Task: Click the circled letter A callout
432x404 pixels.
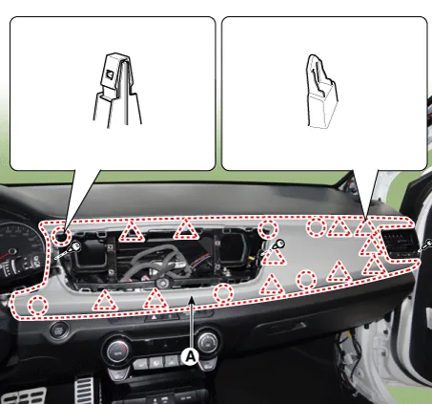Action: coord(190,357)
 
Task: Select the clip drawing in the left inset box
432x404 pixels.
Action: coord(116,91)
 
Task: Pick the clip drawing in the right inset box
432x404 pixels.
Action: coord(321,92)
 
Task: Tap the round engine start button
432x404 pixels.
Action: coord(59,330)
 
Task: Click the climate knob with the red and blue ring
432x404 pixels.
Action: coord(117,351)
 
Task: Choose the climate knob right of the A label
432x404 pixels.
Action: coord(208,343)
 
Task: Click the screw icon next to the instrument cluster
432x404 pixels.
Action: coord(68,250)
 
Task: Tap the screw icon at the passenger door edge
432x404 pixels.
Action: coord(426,245)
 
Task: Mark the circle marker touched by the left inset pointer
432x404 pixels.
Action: coord(61,236)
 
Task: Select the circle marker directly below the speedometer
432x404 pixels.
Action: coord(38,306)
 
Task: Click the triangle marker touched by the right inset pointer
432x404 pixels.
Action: coord(366,228)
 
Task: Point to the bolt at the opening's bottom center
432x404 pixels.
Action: coord(163,283)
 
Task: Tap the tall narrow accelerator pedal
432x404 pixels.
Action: coord(85,391)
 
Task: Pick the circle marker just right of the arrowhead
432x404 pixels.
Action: coord(223,293)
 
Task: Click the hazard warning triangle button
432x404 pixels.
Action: coord(154,317)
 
